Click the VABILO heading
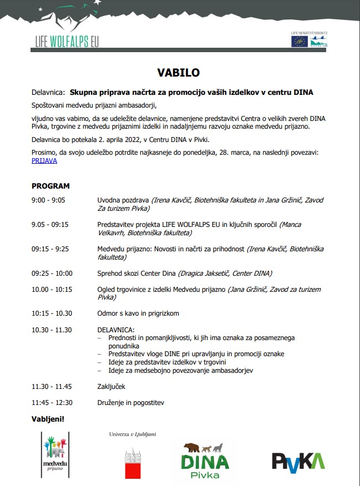pyautogui.click(x=178, y=73)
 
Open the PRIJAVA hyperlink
pyautogui.click(x=44, y=161)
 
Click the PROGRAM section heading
pyautogui.click(x=50, y=186)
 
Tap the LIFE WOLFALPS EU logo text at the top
pyautogui.click(x=66, y=42)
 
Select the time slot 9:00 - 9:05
pyautogui.click(x=48, y=200)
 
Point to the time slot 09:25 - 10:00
pyautogui.click(x=52, y=273)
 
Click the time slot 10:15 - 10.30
pyautogui.click(x=52, y=313)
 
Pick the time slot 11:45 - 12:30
pyautogui.click(x=52, y=402)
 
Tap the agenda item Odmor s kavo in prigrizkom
pyautogui.click(x=138, y=313)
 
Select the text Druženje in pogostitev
pyautogui.click(x=130, y=402)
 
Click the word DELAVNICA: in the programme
pyautogui.click(x=116, y=330)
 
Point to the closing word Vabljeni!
pyautogui.click(x=48, y=418)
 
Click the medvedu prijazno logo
pyautogui.click(x=55, y=454)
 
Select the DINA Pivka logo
pyautogui.click(x=205, y=460)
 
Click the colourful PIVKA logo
pyautogui.click(x=298, y=461)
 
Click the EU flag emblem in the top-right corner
pyautogui.click(x=300, y=41)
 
